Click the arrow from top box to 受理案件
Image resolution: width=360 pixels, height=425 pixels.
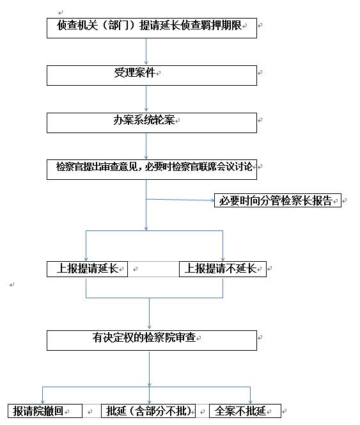(x=146, y=52)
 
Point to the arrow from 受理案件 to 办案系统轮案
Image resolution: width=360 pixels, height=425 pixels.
(x=146, y=99)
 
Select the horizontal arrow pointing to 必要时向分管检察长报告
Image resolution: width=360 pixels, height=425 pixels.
(x=180, y=200)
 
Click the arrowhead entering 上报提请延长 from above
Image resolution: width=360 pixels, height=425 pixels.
(x=86, y=259)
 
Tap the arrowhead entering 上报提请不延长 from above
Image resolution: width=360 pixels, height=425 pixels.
(x=223, y=259)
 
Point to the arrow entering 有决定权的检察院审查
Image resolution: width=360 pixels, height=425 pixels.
(x=149, y=314)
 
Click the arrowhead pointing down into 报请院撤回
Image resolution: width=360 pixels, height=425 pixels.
(x=43, y=402)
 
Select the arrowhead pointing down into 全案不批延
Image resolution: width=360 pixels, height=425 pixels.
(x=250, y=402)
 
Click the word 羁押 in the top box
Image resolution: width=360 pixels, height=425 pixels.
(x=206, y=25)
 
